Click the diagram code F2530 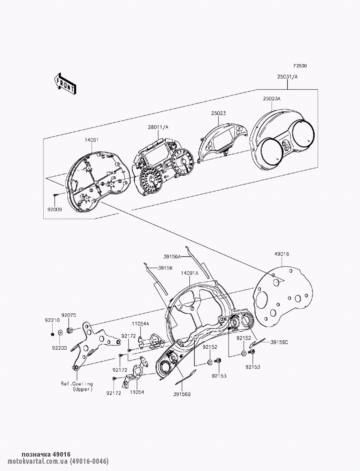coord(300,66)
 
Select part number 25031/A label coord(287,77)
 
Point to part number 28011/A coord(158,127)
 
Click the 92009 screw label coord(54,209)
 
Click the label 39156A coord(172,257)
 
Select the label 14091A coord(190,273)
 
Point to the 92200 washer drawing coord(60,332)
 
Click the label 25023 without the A coord(219,113)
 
